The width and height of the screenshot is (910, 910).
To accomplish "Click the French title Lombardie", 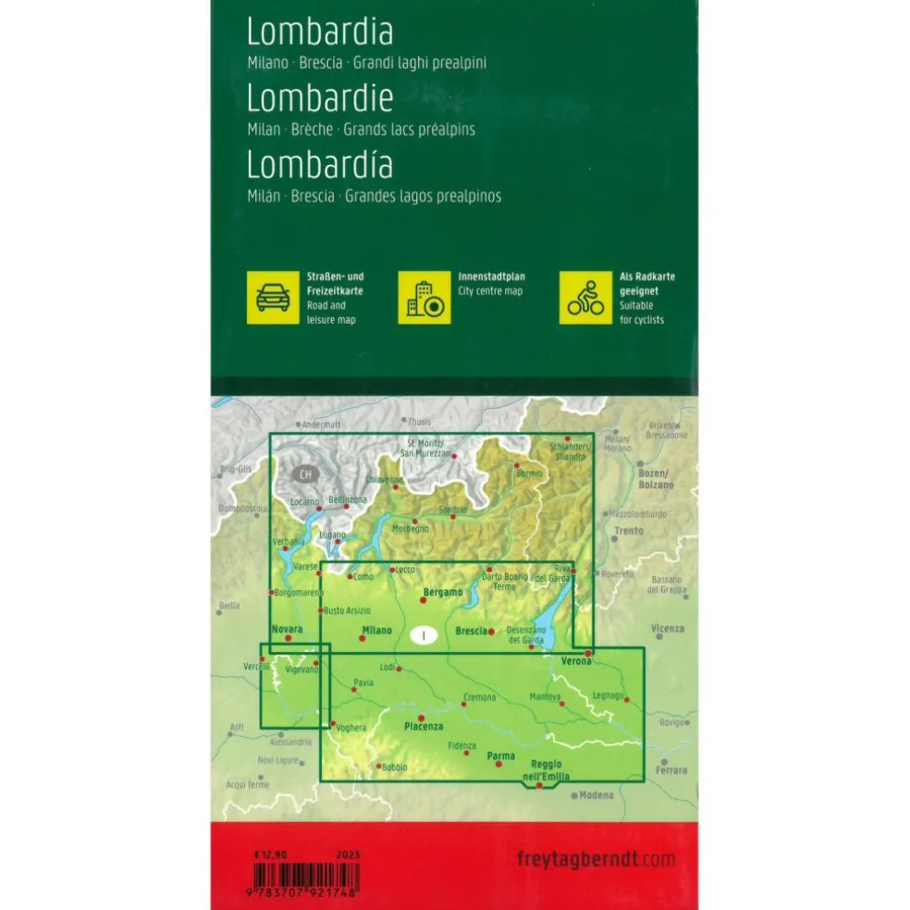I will click(320, 98).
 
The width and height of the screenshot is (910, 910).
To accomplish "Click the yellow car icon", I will click(272, 297).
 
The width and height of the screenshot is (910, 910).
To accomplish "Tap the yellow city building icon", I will click(424, 297).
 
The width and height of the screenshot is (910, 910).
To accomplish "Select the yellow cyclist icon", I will click(585, 297).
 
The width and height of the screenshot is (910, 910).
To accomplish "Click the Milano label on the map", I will click(375, 631).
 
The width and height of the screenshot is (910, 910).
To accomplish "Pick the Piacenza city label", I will click(424, 727).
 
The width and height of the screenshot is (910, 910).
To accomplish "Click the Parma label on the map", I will click(500, 756).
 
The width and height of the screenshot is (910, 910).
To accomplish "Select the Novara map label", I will click(287, 629).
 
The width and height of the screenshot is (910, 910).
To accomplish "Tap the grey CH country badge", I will click(305, 474).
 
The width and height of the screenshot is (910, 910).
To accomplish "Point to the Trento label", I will click(629, 531).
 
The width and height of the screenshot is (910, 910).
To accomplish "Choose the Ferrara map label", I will click(670, 769).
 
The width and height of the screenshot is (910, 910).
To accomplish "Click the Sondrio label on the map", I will click(452, 510).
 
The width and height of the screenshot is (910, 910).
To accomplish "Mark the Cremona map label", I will click(479, 696).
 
